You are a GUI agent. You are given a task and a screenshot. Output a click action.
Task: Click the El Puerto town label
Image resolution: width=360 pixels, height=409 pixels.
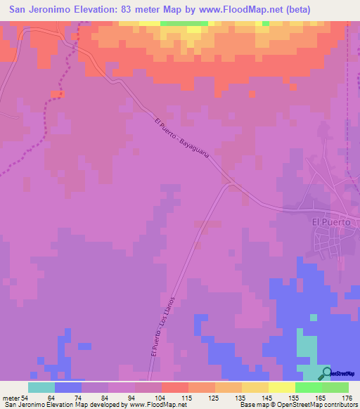331,221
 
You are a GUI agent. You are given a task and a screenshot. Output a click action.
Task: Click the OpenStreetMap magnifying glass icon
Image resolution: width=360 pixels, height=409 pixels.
327,373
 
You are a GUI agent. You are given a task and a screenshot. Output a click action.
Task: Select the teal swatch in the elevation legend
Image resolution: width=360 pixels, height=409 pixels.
41,387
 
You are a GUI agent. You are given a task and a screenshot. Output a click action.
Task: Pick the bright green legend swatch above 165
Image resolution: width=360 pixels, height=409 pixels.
309,387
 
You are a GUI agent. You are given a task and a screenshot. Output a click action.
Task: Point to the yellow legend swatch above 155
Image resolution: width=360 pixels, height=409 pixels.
282,387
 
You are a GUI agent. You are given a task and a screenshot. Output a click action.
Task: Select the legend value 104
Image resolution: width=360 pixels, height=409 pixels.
160,398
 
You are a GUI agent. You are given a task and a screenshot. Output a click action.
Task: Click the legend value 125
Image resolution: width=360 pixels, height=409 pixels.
214,398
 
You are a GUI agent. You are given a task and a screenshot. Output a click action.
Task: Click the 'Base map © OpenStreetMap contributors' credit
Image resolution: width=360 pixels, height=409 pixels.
296,405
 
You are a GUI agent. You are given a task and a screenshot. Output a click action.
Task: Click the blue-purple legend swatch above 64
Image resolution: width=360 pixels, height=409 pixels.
67,387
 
